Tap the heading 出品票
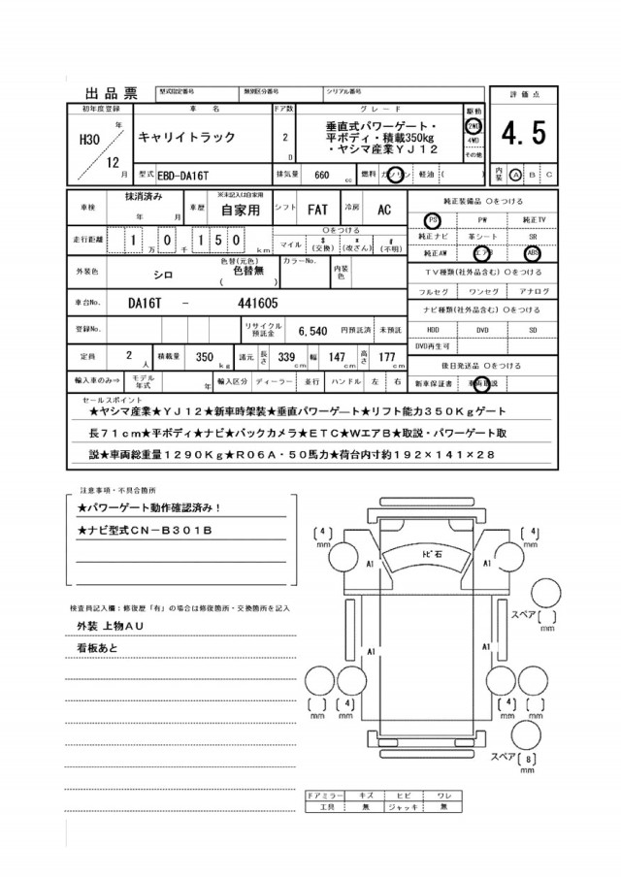tap(105, 93)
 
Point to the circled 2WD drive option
tap(474, 126)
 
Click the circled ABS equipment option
tap(533, 253)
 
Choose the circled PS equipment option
tap(432, 220)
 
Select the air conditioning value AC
tap(383, 209)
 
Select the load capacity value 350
tap(204, 357)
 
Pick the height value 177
tap(387, 357)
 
